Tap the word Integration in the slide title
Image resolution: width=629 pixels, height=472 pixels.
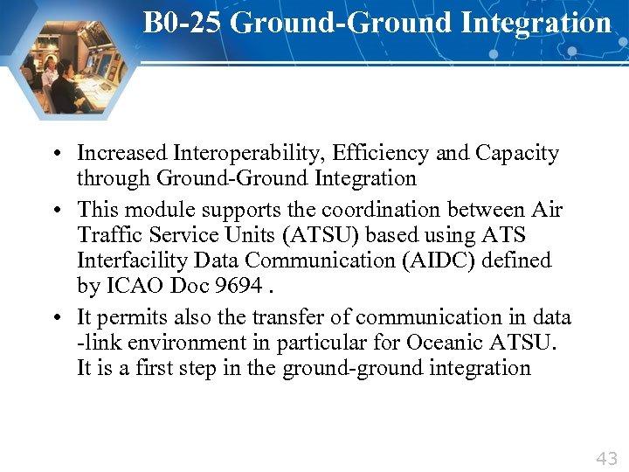pos(538,23)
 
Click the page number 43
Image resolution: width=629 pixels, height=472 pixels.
pos(606,457)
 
